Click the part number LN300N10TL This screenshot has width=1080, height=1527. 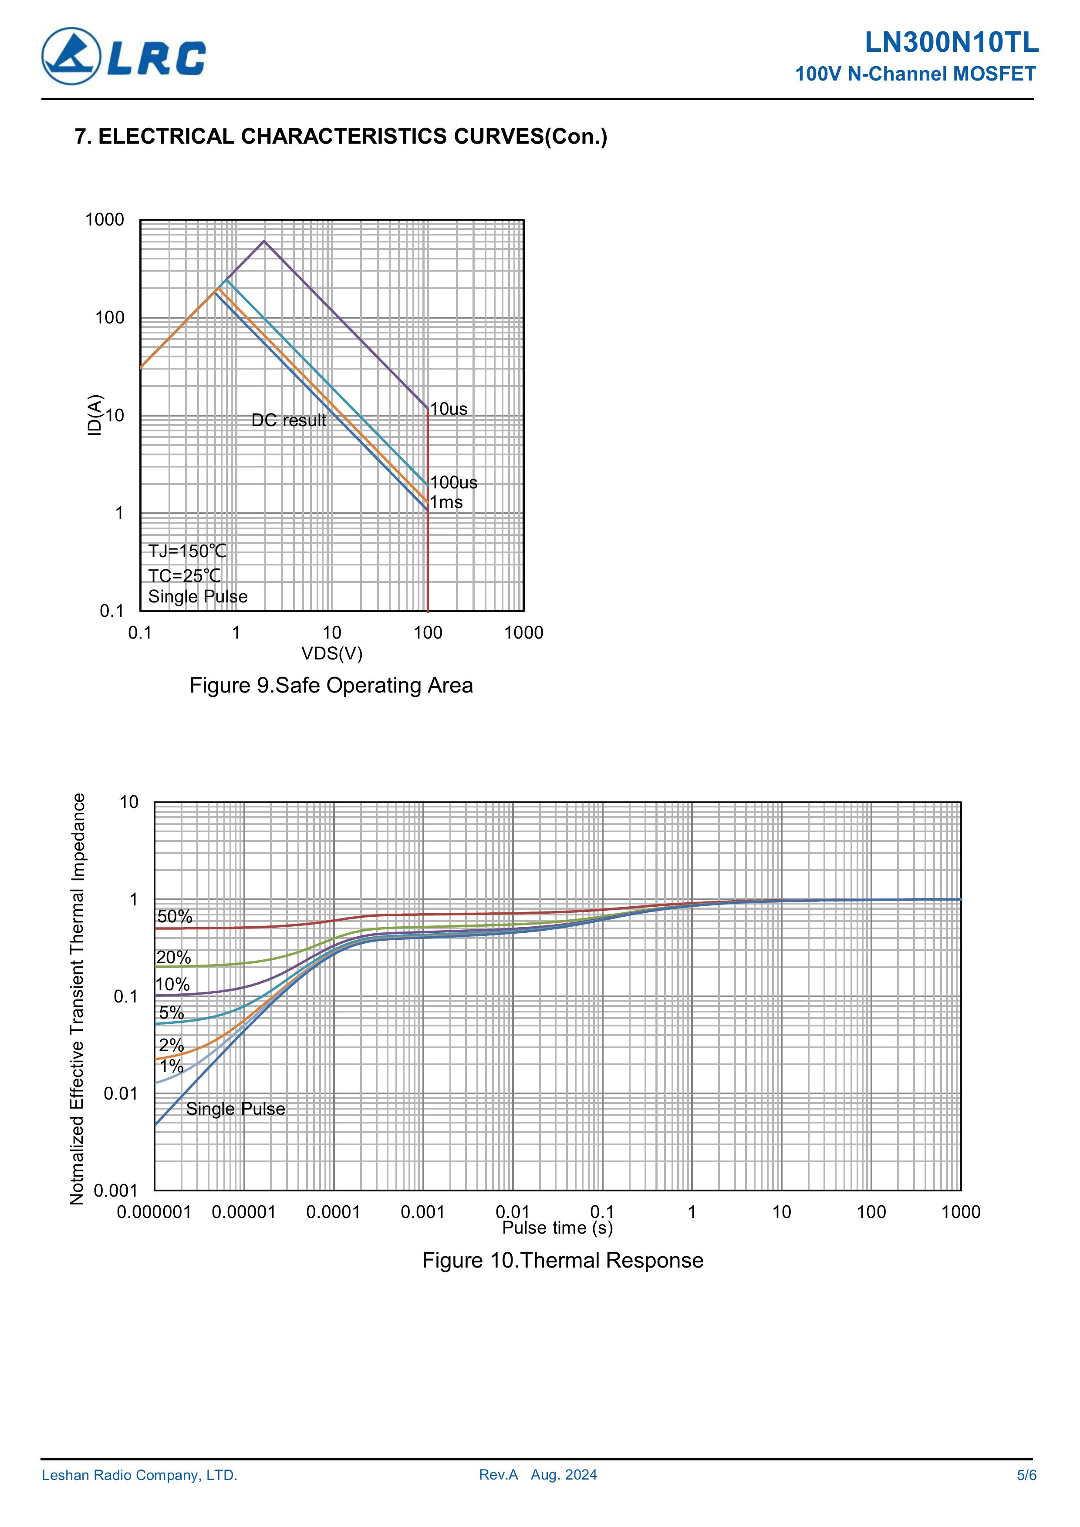point(951,43)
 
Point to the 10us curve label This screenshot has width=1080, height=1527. point(449,409)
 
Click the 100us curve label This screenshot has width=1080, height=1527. point(454,482)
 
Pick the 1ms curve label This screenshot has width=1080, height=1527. point(446,502)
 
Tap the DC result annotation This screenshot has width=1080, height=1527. point(289,420)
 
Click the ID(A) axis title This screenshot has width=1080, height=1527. point(95,416)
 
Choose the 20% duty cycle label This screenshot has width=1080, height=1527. point(174,957)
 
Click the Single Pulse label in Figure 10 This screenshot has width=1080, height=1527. point(236,1109)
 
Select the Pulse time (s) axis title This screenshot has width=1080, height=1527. point(557,1228)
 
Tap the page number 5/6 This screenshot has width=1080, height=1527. point(1026,1475)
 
